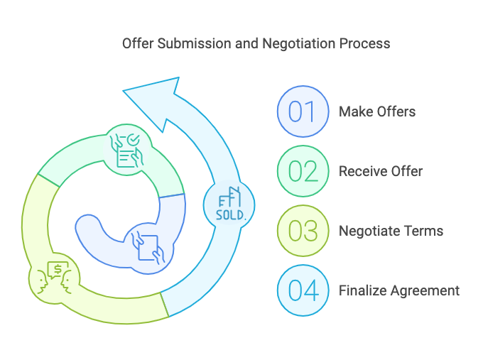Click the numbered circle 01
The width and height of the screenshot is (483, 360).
303,111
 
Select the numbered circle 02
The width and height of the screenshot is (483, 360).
303,171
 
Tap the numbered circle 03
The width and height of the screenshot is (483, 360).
303,231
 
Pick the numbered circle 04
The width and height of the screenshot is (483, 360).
303,290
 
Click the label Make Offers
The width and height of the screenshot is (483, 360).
377,111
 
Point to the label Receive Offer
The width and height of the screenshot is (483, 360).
381,171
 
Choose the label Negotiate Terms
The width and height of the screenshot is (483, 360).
391,231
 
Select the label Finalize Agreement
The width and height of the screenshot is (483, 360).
399,290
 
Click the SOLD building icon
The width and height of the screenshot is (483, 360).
229,205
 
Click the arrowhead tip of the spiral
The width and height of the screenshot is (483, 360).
127,91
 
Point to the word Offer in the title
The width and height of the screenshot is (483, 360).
137,43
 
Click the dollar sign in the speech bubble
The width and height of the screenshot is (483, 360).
55,268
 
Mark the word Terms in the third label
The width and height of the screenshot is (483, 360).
426,231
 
